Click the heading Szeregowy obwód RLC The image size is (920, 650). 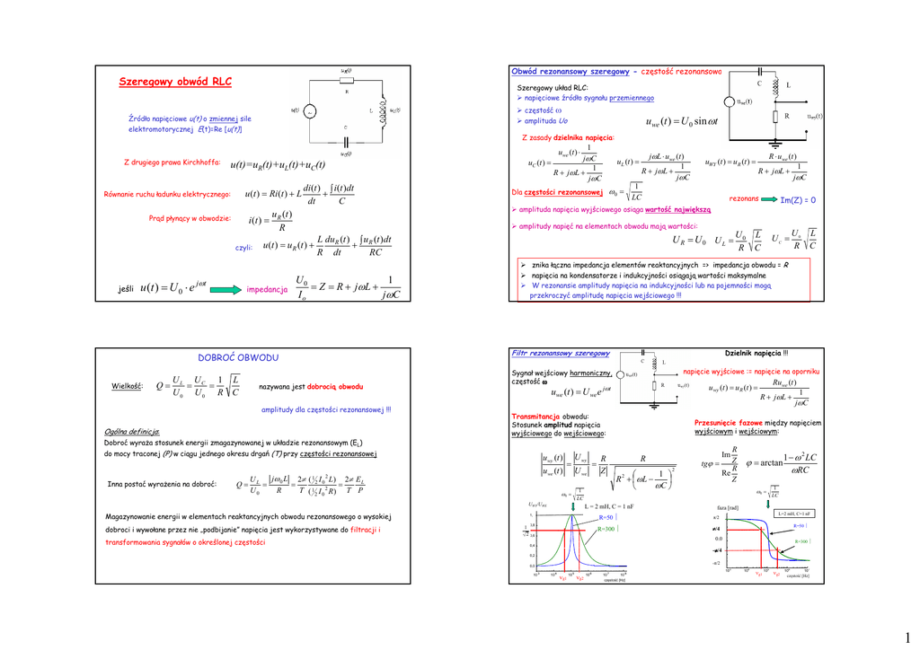click(175, 83)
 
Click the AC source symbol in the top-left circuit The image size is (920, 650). click(309, 112)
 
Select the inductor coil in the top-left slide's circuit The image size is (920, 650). click(383, 110)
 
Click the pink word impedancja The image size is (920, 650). click(266, 290)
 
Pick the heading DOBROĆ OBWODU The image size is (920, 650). click(237, 357)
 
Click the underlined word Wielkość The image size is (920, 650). click(128, 386)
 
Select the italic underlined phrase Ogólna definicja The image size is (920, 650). click(132, 432)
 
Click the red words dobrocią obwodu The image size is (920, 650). click(335, 386)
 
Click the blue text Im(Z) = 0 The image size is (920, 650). click(798, 199)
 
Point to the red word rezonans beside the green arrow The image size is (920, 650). click(744, 198)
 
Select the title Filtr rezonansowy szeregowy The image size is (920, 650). click(561, 354)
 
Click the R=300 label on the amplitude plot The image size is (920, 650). click(606, 530)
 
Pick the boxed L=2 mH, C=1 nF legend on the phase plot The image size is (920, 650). click(794, 514)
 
